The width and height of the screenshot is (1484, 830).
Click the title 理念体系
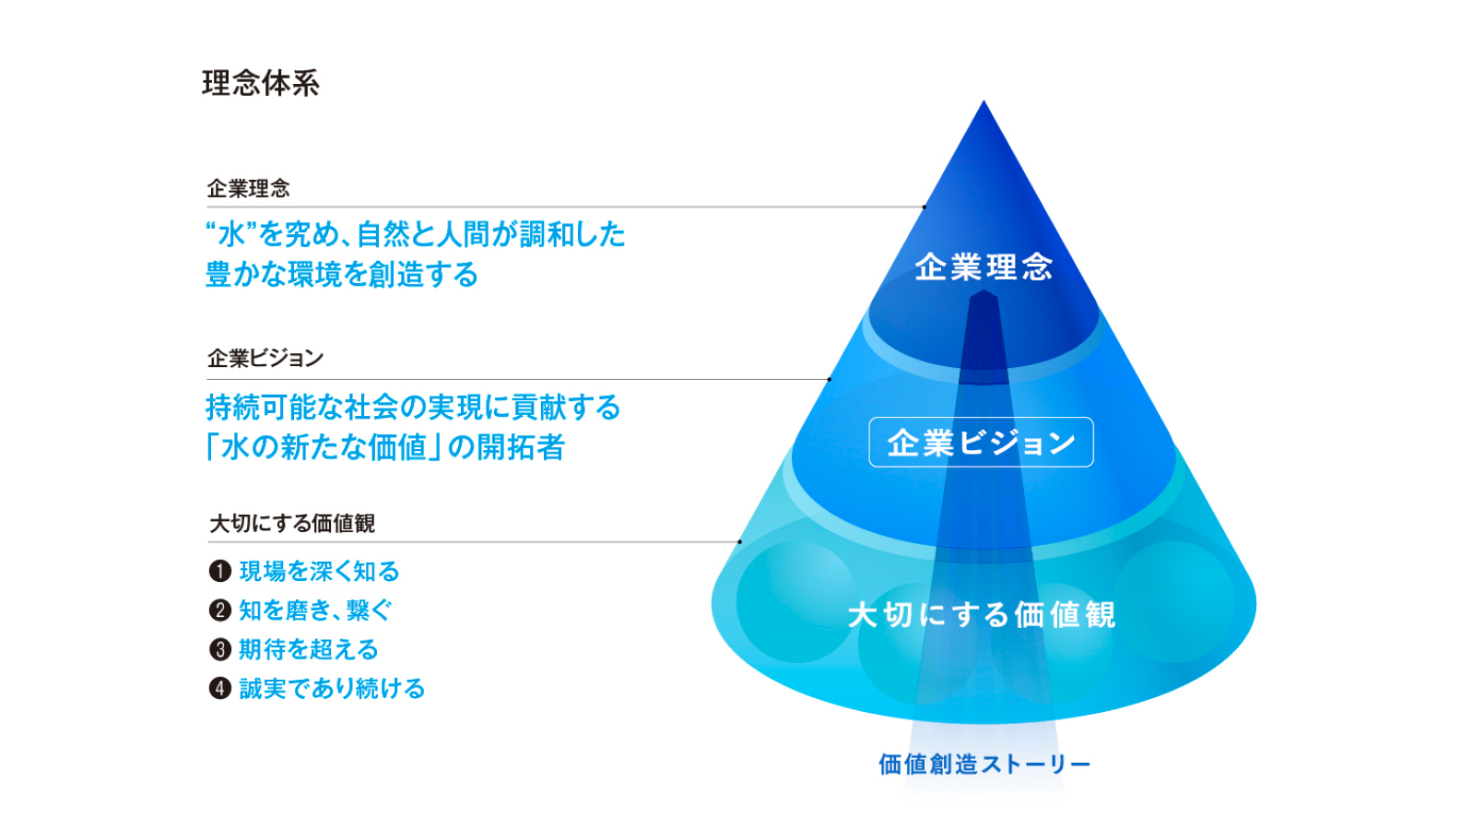pyautogui.click(x=261, y=83)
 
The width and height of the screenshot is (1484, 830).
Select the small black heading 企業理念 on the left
pyautogui.click(x=248, y=189)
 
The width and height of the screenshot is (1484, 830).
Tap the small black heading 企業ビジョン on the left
pyautogui.click(x=265, y=358)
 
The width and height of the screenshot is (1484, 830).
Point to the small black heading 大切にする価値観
pyautogui.click(x=291, y=524)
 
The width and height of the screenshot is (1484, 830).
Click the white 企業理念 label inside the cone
pyautogui.click(x=983, y=267)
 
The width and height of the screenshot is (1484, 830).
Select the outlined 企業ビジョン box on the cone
pyautogui.click(x=981, y=443)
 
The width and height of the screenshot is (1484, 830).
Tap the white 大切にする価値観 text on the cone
pyautogui.click(x=982, y=614)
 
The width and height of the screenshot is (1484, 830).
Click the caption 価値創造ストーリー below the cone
pyautogui.click(x=984, y=764)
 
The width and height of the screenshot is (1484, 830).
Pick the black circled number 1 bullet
pyautogui.click(x=219, y=572)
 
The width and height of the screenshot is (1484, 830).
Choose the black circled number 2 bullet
pyautogui.click(x=219, y=611)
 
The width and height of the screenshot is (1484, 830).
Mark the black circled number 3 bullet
pyautogui.click(x=219, y=650)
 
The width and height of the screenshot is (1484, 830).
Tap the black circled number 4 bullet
pyautogui.click(x=219, y=689)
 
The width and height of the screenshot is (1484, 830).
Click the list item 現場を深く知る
pyautogui.click(x=319, y=572)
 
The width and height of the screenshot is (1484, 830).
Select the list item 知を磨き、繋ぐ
pyautogui.click(x=315, y=611)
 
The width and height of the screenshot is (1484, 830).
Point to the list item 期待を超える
pyautogui.click(x=309, y=650)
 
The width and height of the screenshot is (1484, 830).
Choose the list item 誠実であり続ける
pyautogui.click(x=332, y=689)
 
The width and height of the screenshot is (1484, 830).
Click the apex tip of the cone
pyautogui.click(x=983, y=102)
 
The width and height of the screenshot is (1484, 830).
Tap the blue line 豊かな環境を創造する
pyautogui.click(x=342, y=275)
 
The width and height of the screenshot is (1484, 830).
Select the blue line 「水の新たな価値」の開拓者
pyautogui.click(x=385, y=447)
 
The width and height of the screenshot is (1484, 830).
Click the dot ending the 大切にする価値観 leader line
pyautogui.click(x=739, y=542)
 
